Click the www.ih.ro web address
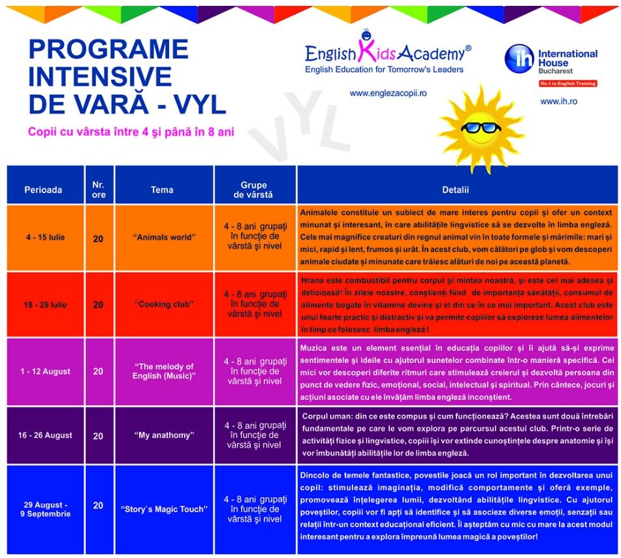[x=558, y=101]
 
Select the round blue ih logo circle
[x=519, y=59]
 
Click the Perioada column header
[x=43, y=190]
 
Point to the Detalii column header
[x=455, y=190]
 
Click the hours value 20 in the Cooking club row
[x=98, y=305]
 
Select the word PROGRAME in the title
[x=108, y=50]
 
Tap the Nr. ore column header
[x=98, y=190]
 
